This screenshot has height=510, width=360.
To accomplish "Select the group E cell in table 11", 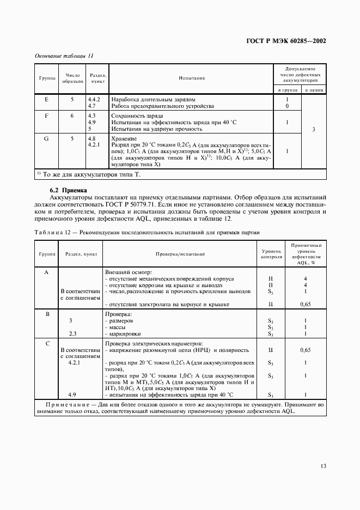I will (46, 99).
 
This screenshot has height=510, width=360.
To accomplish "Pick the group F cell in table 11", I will (46, 116).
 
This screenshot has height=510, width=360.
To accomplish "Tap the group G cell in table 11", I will (46, 138).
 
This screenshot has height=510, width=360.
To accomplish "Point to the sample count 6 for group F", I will (72, 116).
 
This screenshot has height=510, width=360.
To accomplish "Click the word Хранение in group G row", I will (124, 138).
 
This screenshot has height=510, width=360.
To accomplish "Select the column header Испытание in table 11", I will (192, 78).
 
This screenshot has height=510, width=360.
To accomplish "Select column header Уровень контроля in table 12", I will (271, 253).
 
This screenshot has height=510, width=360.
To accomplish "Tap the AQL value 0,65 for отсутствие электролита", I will (306, 304).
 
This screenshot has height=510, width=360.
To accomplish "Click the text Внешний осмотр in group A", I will (128, 271).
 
